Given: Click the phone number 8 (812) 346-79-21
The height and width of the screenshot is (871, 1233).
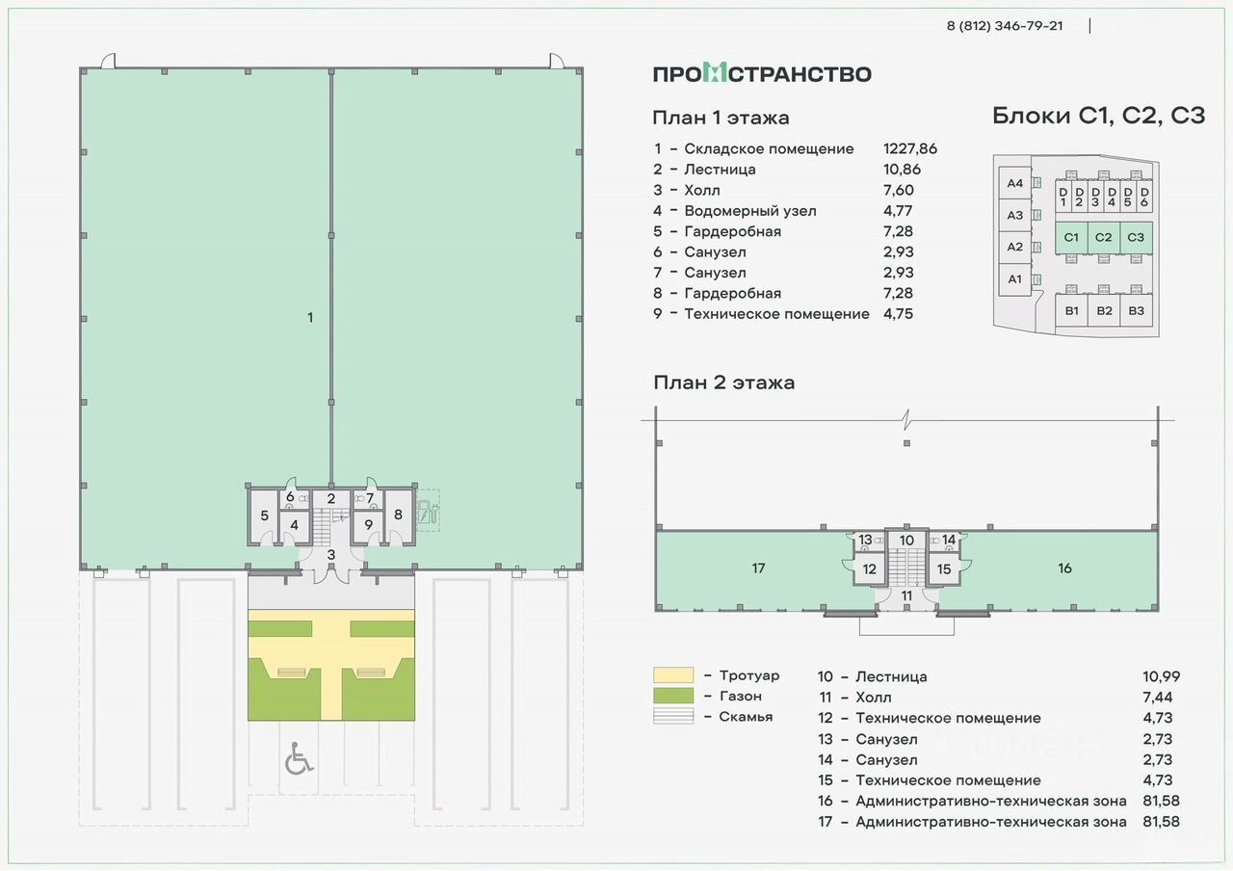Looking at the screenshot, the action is (1005, 26).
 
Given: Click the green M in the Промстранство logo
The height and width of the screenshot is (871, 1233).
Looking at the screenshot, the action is (715, 73).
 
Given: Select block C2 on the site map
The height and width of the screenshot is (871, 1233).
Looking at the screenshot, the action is (1103, 237).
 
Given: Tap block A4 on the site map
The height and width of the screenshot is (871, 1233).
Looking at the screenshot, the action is (1014, 183).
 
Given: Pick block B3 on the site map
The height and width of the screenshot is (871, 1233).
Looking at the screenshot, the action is (1136, 310).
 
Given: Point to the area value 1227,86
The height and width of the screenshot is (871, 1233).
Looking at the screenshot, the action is (910, 148).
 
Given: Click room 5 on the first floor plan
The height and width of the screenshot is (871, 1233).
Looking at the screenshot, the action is (264, 515).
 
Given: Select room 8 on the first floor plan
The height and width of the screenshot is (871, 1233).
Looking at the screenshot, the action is (398, 515).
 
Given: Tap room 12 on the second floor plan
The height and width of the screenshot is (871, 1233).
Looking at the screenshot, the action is (869, 569).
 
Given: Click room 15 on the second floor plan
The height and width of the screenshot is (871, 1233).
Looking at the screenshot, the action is (943, 569).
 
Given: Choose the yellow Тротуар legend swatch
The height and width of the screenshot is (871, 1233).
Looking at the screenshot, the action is (673, 675).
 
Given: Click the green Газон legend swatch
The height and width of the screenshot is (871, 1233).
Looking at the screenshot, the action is (673, 696).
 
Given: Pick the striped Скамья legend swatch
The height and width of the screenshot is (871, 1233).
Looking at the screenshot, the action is (673, 716).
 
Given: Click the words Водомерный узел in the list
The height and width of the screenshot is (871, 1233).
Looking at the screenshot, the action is (750, 211).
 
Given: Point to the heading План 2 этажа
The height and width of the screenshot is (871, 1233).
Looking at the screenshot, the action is (723, 383).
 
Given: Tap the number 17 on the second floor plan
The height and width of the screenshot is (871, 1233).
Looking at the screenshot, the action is (758, 568).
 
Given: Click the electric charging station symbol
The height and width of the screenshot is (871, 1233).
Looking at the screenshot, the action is (428, 512).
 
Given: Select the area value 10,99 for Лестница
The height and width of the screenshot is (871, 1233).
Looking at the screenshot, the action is (1162, 676).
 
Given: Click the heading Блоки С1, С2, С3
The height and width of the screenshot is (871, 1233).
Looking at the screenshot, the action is (1099, 117).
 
